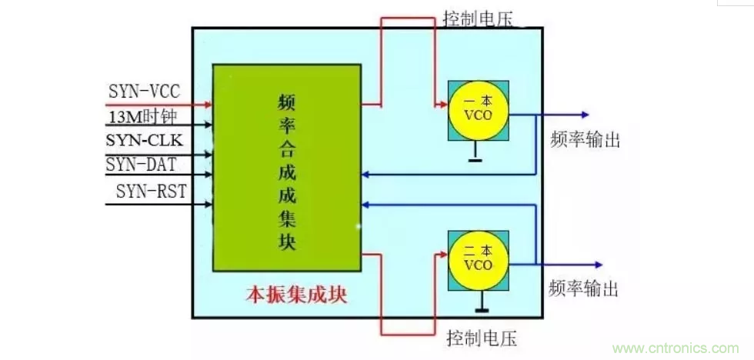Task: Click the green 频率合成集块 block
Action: tap(286, 167)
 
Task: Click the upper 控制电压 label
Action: tap(481, 18)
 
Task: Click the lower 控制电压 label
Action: tap(482, 337)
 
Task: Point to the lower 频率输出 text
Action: tap(584, 288)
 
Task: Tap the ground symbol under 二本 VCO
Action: tap(483, 309)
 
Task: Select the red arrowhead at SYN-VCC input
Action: tap(207, 103)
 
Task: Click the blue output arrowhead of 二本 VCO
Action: tap(587, 264)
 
